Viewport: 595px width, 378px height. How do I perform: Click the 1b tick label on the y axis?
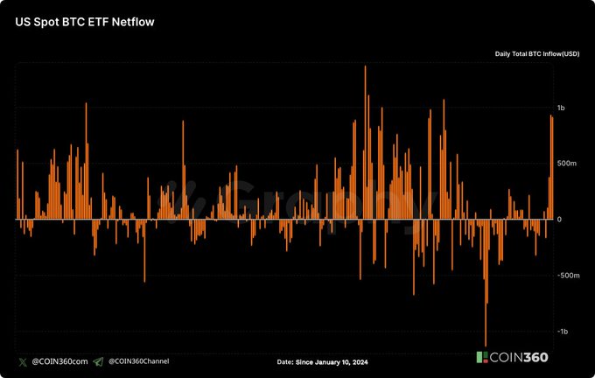tap(561, 108)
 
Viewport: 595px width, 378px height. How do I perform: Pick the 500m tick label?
tap(566, 164)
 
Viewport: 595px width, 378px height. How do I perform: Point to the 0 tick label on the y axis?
tap(559, 220)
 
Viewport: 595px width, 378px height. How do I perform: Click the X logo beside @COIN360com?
tap(21, 361)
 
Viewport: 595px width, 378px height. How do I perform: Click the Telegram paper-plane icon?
tap(98, 361)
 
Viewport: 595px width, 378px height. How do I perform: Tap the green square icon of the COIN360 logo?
tap(481, 358)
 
